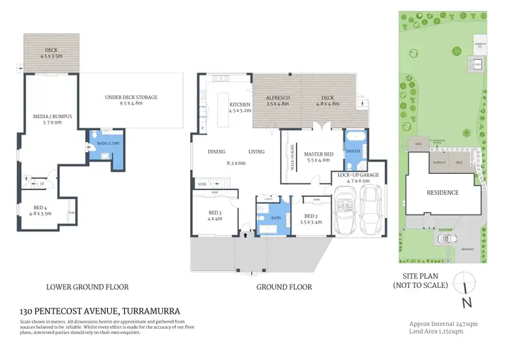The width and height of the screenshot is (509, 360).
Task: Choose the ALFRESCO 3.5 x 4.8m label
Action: (278, 102)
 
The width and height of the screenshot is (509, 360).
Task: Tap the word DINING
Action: (216, 151)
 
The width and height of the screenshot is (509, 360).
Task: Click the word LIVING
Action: (256, 151)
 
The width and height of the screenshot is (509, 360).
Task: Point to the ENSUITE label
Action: (352, 151)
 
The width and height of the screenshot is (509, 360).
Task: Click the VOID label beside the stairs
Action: (202, 184)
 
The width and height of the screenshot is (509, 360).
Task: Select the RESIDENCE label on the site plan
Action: (442, 192)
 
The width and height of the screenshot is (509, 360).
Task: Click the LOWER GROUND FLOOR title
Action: (87, 287)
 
